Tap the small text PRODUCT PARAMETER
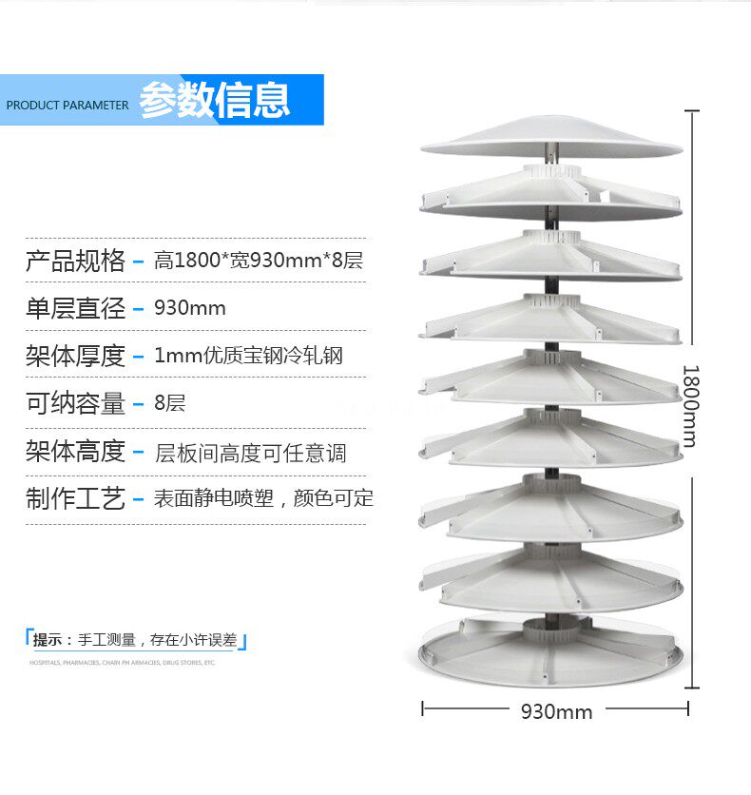point(67,105)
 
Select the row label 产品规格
point(75,261)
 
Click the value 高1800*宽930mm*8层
point(259,261)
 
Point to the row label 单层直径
point(75,308)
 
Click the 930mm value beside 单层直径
point(190,308)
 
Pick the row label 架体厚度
point(75,356)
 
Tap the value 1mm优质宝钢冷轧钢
point(248,356)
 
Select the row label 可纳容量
point(75,403)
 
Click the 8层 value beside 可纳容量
point(170,403)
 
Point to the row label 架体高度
point(75,451)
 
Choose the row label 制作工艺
point(75,498)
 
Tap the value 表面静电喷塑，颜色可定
point(263,498)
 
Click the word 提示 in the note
point(48,640)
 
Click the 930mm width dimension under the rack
point(556,711)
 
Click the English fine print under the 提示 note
point(122,663)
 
